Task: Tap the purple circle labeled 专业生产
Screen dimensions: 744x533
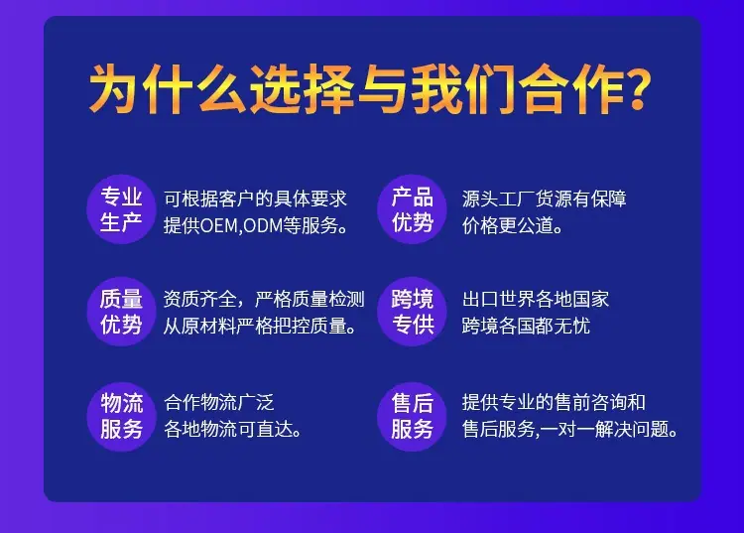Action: click(121, 209)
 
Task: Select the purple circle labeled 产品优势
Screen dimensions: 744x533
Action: click(412, 209)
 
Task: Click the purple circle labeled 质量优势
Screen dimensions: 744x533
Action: click(121, 312)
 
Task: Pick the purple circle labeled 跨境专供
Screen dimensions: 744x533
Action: click(412, 312)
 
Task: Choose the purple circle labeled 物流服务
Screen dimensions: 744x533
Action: click(121, 417)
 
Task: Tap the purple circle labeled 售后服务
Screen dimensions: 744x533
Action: click(412, 417)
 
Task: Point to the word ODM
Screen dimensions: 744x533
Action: click(263, 226)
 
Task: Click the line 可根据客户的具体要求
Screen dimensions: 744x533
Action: click(255, 199)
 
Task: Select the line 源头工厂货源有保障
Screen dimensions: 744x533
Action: click(545, 199)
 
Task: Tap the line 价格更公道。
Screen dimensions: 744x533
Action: click(513, 226)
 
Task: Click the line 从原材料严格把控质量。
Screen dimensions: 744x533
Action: click(260, 327)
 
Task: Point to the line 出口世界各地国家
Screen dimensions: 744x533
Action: click(536, 299)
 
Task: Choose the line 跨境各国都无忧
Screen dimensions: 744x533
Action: click(526, 327)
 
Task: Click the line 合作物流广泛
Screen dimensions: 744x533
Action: click(219, 402)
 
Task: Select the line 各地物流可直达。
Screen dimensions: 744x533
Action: click(232, 430)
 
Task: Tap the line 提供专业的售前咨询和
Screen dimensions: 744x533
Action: click(554, 402)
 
